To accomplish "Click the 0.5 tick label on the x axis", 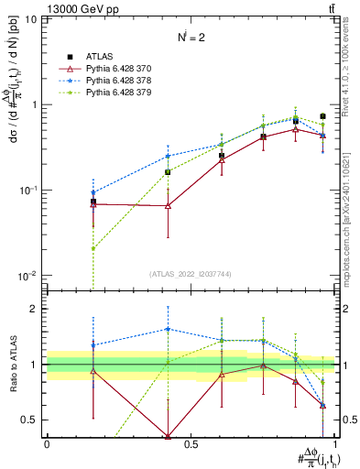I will [x=191, y=443].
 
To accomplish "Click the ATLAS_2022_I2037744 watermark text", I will [x=190, y=274].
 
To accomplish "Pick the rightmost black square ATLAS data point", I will [x=322, y=116].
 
